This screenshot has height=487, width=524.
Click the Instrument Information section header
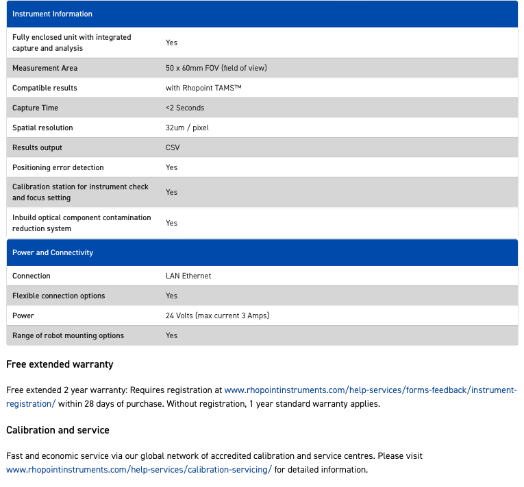(52, 14)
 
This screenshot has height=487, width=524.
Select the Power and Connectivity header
(53, 252)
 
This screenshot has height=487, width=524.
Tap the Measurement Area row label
(45, 68)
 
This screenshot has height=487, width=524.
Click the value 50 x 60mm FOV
(216, 68)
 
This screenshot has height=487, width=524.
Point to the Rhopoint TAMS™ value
(203, 88)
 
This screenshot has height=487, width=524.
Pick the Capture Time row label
(35, 108)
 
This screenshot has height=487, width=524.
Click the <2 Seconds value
(185, 108)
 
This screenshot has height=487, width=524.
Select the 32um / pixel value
(187, 128)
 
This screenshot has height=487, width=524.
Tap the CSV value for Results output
(173, 147)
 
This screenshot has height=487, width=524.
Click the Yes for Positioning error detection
(171, 167)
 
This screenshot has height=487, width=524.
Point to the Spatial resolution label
(42, 128)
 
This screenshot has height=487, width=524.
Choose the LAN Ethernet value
(188, 276)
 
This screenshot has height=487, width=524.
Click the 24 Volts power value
(217, 316)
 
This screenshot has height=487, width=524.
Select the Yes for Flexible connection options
(171, 296)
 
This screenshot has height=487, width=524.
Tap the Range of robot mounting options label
(68, 335)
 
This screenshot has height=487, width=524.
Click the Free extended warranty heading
(60, 364)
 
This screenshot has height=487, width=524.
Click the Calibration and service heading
(58, 430)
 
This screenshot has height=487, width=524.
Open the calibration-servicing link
(139, 470)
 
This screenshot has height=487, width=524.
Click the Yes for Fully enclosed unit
(171, 43)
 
